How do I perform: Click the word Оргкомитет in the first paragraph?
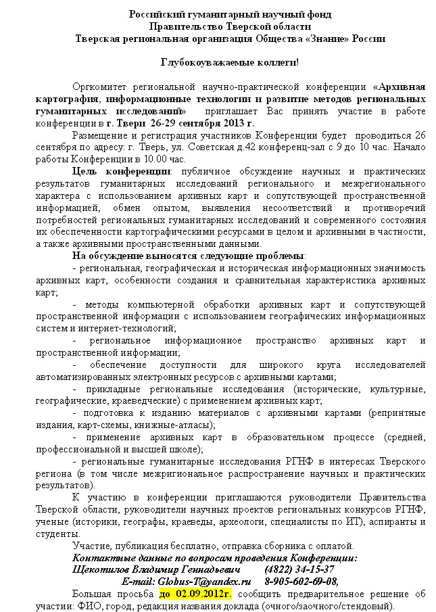[x=101, y=87]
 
